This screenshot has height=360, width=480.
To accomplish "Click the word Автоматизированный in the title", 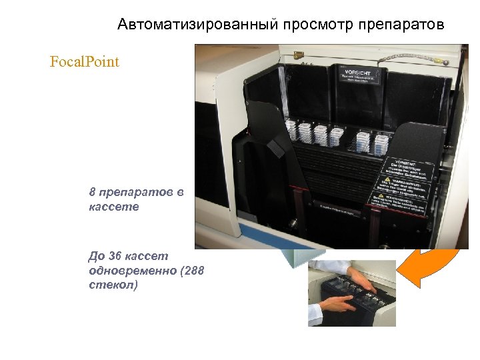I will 198,25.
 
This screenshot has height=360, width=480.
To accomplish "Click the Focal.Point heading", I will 85,62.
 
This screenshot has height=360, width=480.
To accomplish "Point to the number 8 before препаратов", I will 92,193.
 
